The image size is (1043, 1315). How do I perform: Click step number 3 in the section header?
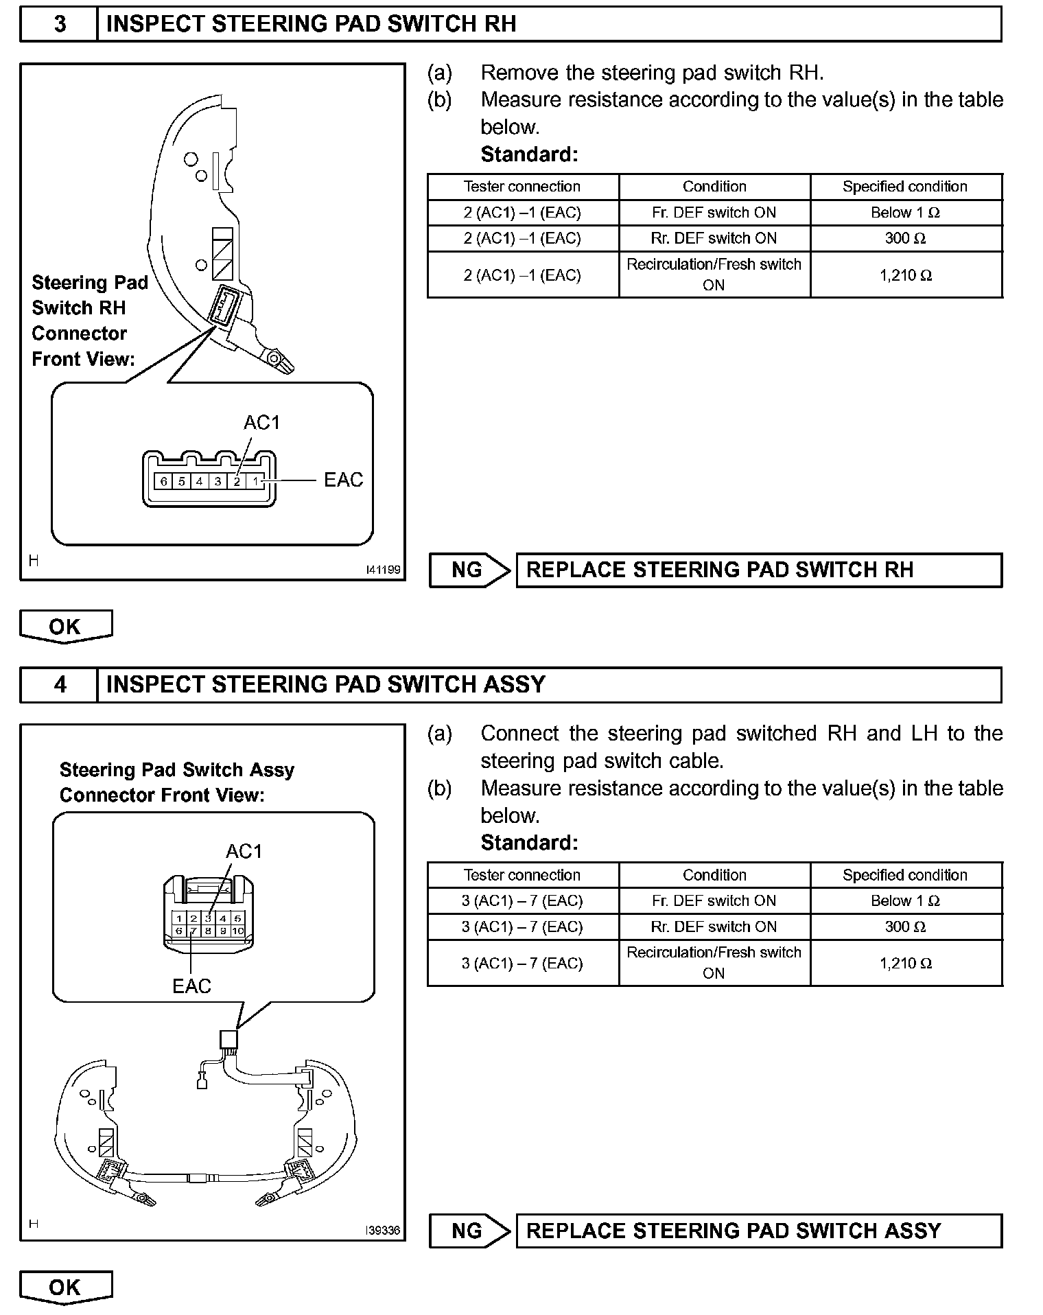pyautogui.click(x=60, y=24)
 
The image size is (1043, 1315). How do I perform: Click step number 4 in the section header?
pyautogui.click(x=60, y=684)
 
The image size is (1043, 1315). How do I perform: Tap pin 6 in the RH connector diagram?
pyautogui.click(x=163, y=481)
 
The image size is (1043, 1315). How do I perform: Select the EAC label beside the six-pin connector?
pyautogui.click(x=343, y=480)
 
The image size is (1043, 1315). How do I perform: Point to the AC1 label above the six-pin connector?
pyautogui.click(x=261, y=422)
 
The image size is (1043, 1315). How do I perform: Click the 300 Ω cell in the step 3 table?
pyautogui.click(x=905, y=238)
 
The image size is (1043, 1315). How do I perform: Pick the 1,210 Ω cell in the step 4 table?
pyautogui.click(x=905, y=963)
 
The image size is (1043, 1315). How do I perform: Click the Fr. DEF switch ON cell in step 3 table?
pyautogui.click(x=714, y=213)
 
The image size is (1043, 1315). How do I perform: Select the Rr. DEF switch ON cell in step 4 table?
pyautogui.click(x=714, y=927)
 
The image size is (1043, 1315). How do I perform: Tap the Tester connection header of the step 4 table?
pyautogui.click(x=521, y=875)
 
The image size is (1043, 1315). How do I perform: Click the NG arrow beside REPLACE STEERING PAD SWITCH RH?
pyautogui.click(x=469, y=570)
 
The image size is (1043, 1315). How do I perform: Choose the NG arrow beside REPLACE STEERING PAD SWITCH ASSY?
pyautogui.click(x=469, y=1231)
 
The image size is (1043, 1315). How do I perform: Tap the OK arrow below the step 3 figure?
pyautogui.click(x=65, y=627)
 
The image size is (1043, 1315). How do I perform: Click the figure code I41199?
pyautogui.click(x=383, y=570)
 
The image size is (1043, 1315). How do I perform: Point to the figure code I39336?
pyautogui.click(x=383, y=1231)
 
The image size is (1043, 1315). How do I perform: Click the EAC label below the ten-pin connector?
pyautogui.click(x=191, y=986)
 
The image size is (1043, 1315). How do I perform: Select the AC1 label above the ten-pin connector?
pyautogui.click(x=244, y=852)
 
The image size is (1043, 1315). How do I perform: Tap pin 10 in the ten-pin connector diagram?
pyautogui.click(x=237, y=931)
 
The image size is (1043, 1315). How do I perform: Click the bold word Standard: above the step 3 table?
pyautogui.click(x=529, y=154)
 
